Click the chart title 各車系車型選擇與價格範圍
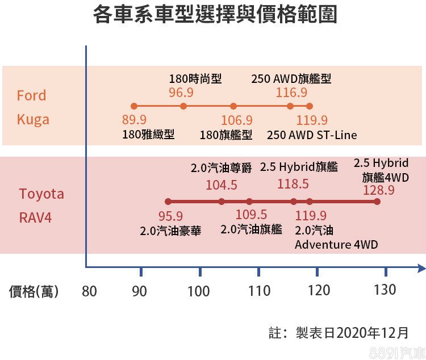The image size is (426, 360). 215,15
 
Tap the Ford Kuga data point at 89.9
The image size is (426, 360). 134,106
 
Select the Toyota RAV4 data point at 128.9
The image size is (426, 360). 377,202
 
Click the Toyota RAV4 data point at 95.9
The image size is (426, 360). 168,202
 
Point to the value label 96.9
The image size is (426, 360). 181,92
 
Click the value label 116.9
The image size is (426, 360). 291,92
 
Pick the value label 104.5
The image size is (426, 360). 222,185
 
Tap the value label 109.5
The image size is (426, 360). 251,215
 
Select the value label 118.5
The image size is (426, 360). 293,185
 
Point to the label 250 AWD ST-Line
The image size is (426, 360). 312,135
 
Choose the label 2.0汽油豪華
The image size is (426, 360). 170,231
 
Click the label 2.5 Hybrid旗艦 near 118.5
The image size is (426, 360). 299,168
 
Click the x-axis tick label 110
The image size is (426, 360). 259,291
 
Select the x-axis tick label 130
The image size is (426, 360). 385,290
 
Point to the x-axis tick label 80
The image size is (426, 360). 89,291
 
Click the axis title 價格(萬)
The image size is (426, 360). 34,292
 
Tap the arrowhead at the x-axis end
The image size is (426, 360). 420,266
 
